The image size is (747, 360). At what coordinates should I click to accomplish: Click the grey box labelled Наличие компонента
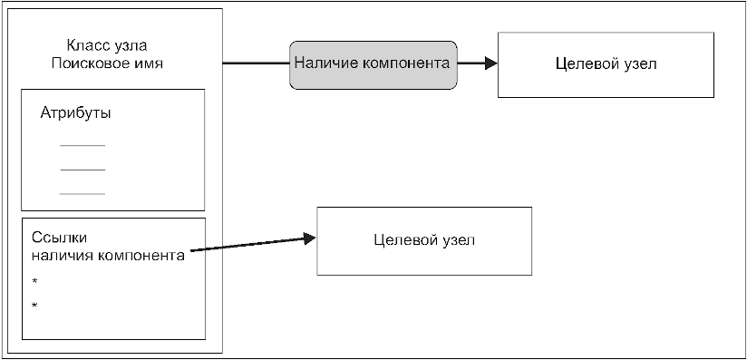tap(373, 65)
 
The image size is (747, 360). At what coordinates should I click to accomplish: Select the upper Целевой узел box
tap(606, 65)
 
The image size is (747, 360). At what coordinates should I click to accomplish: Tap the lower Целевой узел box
tap(424, 241)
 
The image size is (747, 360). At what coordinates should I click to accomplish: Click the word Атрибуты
tap(76, 113)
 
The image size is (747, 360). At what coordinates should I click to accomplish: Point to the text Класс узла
tap(107, 45)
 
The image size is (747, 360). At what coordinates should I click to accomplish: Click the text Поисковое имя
tap(107, 63)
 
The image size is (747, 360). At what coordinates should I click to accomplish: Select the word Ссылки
tap(60, 238)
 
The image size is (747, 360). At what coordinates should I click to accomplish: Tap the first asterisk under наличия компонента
tap(34, 281)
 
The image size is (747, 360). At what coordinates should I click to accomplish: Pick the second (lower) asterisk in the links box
tap(34, 305)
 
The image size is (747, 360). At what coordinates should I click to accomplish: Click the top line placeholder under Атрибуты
tap(82, 145)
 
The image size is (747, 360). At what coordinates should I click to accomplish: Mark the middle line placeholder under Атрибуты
tap(82, 170)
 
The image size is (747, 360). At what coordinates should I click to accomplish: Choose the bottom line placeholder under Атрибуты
tap(82, 194)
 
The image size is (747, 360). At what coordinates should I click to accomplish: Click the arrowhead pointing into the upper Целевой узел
tap(491, 63)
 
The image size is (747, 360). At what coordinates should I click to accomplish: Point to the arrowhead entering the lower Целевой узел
tap(310, 238)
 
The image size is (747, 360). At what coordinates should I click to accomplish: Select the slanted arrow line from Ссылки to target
tap(253, 244)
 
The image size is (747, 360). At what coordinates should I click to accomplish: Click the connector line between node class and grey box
tap(257, 63)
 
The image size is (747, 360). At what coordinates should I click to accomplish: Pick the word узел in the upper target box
tap(640, 64)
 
